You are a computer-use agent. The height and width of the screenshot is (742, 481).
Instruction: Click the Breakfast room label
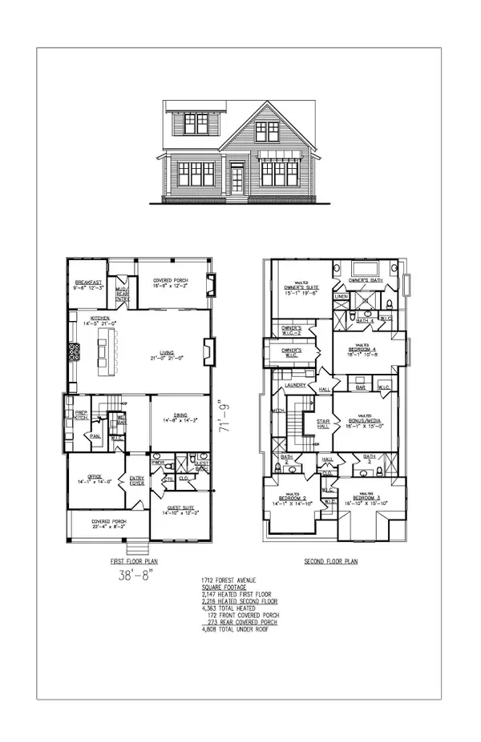coord(87,282)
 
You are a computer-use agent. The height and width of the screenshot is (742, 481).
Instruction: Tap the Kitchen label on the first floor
coord(100,319)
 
